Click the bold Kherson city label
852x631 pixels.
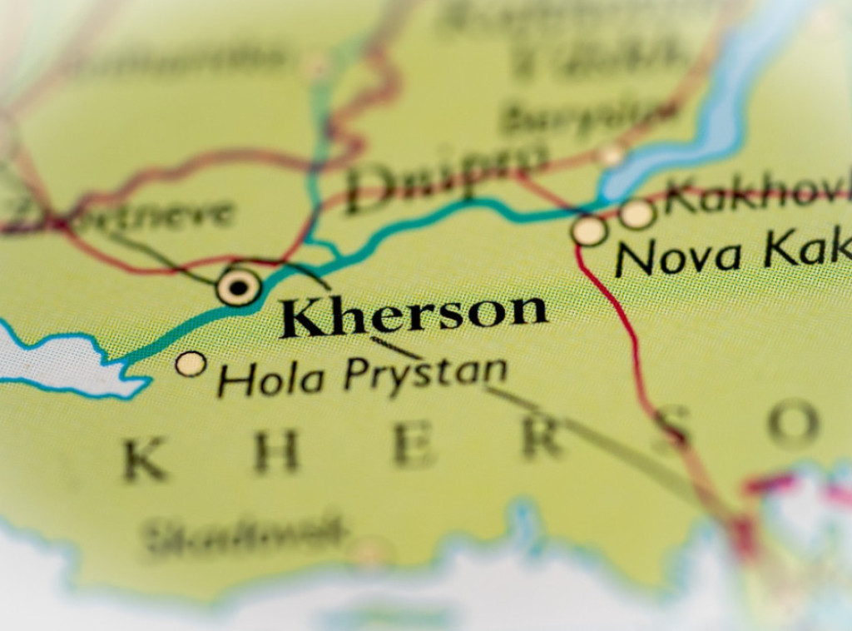tap(414, 315)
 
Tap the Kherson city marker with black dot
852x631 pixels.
tap(239, 287)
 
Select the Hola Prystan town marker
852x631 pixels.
tap(191, 364)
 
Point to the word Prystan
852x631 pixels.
tap(425, 374)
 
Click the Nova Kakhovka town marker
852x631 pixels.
tap(589, 230)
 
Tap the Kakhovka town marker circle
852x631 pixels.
tap(637, 214)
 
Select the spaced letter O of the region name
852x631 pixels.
tap(793, 424)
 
